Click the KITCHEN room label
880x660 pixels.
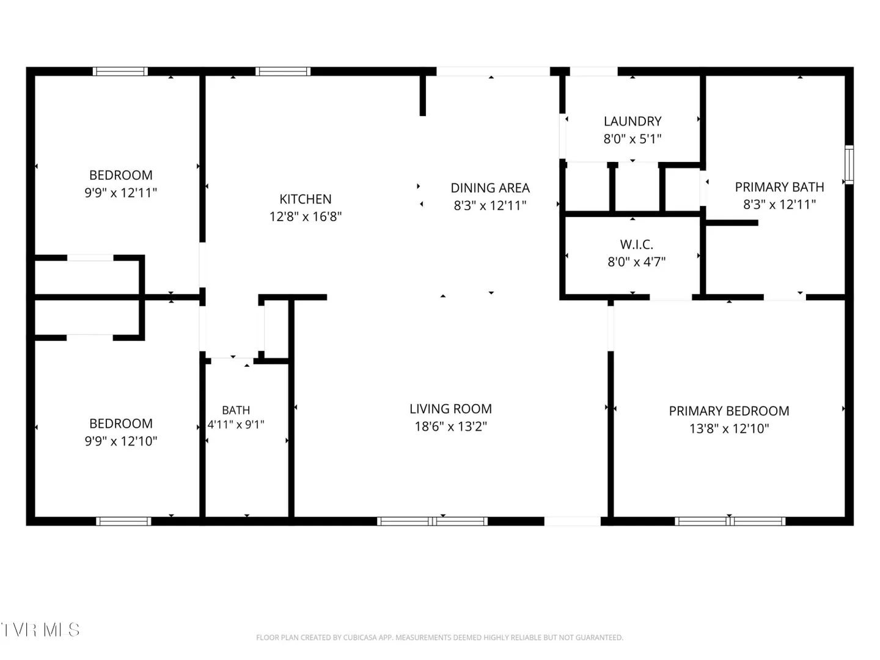pyautogui.click(x=305, y=199)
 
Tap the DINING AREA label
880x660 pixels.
pyautogui.click(x=490, y=188)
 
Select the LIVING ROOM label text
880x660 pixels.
pyautogui.click(x=450, y=409)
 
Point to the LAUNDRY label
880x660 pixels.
pyautogui.click(x=632, y=121)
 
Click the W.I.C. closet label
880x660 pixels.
pyautogui.click(x=636, y=244)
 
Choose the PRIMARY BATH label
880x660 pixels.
pyautogui.click(x=779, y=187)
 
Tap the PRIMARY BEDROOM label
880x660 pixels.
pyautogui.click(x=729, y=411)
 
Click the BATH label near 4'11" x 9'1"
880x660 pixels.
pyautogui.click(x=236, y=410)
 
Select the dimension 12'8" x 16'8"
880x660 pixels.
pyautogui.click(x=305, y=216)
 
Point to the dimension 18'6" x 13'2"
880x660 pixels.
pyautogui.click(x=450, y=426)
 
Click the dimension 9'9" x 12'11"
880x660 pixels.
pyautogui.click(x=120, y=193)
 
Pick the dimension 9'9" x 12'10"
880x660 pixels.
pyautogui.click(x=120, y=441)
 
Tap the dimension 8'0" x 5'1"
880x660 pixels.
pyautogui.click(x=632, y=139)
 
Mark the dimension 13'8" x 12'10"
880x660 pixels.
pyautogui.click(x=729, y=428)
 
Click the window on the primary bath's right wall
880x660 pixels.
pyautogui.click(x=849, y=165)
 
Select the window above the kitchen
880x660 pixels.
pyautogui.click(x=283, y=71)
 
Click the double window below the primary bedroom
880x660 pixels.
pyautogui.click(x=730, y=521)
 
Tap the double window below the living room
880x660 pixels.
pyautogui.click(x=432, y=521)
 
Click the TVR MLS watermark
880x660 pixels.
pyautogui.click(x=40, y=629)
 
